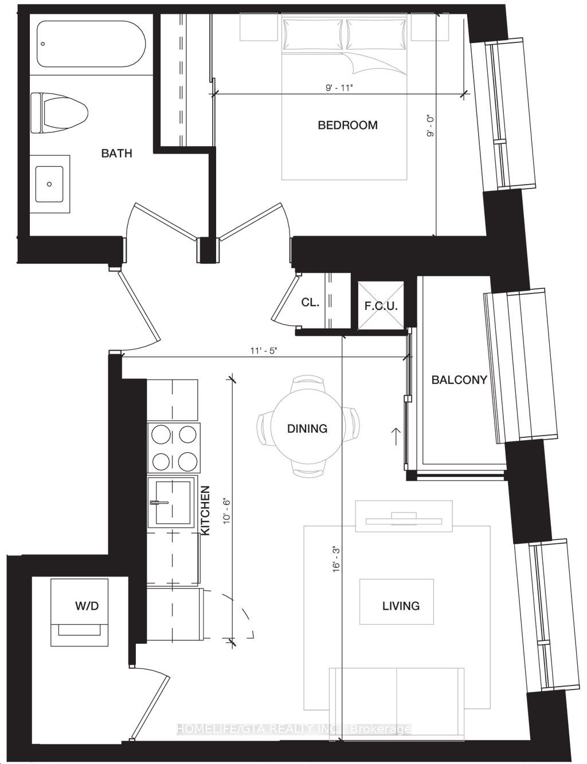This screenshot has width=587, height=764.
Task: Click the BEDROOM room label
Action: click(347, 125)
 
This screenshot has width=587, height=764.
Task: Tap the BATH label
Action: click(117, 153)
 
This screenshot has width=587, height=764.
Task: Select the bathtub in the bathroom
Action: click(91, 44)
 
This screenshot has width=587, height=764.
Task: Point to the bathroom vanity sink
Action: click(49, 184)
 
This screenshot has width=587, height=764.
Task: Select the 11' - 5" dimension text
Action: click(264, 351)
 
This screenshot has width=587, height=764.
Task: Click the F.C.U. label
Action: click(381, 306)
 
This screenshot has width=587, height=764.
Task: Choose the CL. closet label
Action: click(310, 303)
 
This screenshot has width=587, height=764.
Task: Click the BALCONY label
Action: click(459, 380)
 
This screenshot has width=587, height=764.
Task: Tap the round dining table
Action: click(308, 429)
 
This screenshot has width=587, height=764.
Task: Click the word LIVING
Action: click(401, 606)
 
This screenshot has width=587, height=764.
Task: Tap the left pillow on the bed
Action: click(312, 34)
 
